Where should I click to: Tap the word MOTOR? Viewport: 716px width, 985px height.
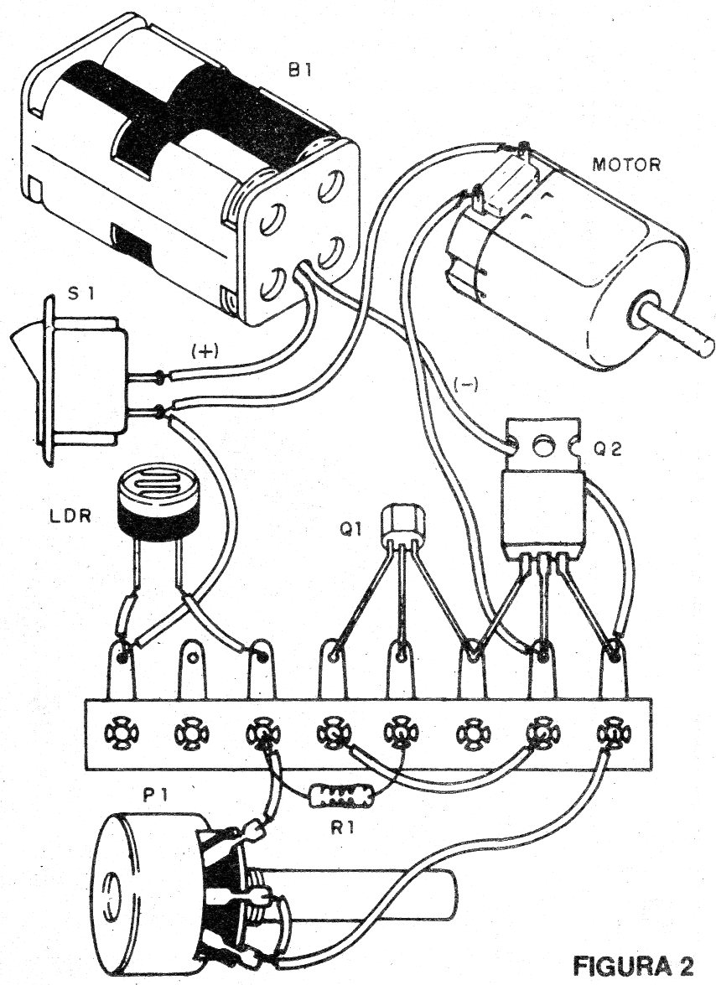(626, 163)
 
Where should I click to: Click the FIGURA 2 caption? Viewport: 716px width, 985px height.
(633, 966)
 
